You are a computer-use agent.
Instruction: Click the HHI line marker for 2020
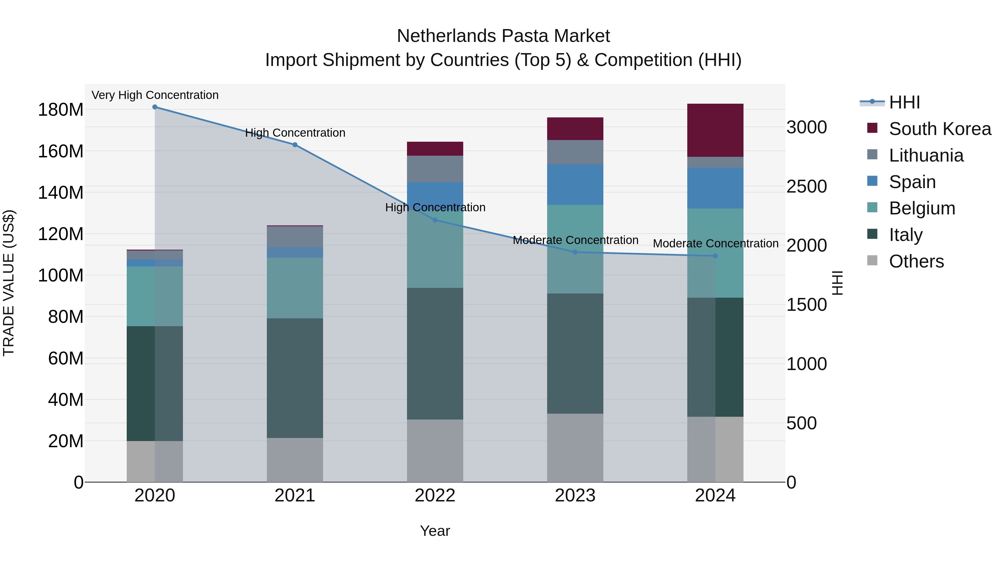[x=155, y=107]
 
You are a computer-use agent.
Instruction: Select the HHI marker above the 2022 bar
[x=435, y=220]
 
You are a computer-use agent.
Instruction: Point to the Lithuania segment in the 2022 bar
[x=435, y=169]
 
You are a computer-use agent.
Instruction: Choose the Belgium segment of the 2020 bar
[x=155, y=296]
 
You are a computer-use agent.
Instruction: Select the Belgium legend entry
[x=921, y=208]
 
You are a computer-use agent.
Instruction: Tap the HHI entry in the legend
[x=904, y=102]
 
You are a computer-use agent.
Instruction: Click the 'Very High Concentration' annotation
[x=155, y=95]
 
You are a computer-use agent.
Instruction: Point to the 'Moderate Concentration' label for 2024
[x=715, y=243]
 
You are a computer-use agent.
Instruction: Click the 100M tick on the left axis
[x=61, y=275]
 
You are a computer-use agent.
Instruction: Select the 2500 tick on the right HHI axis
[x=806, y=186]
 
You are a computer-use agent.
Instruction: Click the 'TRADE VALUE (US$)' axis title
[x=9, y=283]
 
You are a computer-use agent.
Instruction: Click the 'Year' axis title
[x=435, y=531]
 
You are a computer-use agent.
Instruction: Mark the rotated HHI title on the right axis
[x=837, y=283]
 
